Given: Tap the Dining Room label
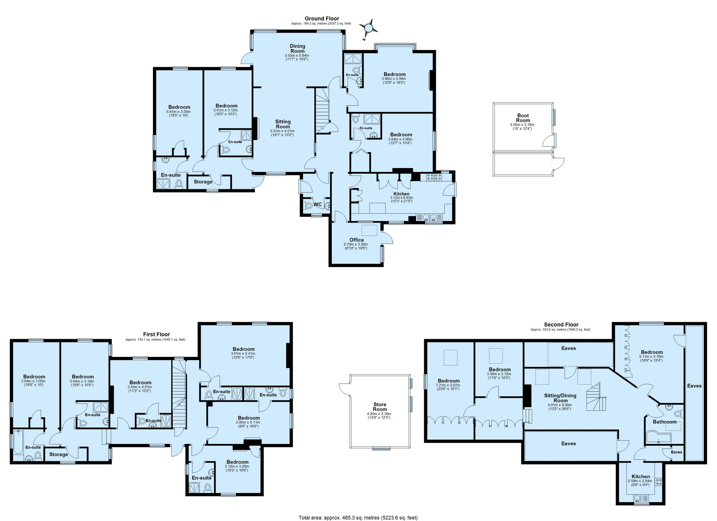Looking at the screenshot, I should tap(297, 48).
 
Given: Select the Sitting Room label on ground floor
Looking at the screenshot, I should tap(283, 124).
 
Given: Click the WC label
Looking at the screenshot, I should tap(318, 204).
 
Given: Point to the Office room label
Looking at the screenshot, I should tap(356, 240).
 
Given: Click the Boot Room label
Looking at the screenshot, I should tap(523, 118).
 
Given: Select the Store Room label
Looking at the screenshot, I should tap(380, 407).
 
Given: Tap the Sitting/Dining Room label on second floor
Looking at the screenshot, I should tap(560, 398).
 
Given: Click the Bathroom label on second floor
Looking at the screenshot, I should tap(664, 422).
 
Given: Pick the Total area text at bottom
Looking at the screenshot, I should tap(358, 517).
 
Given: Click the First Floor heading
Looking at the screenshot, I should tap(156, 334).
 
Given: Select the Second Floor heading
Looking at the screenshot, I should tap(561, 324).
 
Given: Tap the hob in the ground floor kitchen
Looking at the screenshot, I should tap(434, 177).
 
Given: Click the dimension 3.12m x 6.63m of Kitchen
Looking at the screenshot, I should tap(401, 198).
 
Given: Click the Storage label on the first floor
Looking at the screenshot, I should tap(58, 455).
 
